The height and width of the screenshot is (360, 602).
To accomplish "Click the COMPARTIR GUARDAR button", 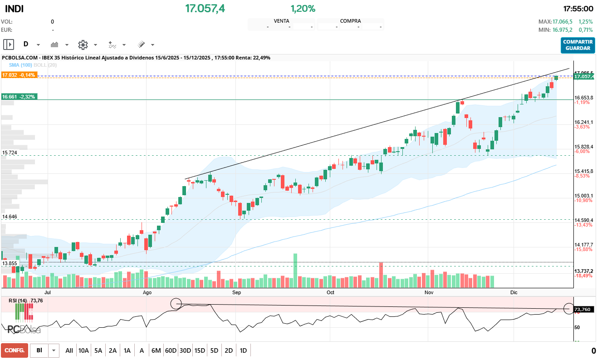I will [x=578, y=45].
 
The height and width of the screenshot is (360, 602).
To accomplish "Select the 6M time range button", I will [x=156, y=350].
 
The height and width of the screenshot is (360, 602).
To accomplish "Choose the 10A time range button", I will [x=83, y=350].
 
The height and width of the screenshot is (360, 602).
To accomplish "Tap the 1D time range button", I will [x=243, y=350].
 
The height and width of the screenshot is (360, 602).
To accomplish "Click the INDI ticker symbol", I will [x=15, y=9].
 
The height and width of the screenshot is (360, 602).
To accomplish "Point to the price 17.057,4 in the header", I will [x=205, y=9].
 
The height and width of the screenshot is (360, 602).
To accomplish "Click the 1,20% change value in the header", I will [x=303, y=9].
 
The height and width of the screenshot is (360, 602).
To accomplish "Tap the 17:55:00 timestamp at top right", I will [x=578, y=9].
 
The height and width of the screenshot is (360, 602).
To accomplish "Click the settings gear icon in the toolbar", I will [x=83, y=44].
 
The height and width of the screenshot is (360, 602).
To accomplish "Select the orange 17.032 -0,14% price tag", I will [x=19, y=75].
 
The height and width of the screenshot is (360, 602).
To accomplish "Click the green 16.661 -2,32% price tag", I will [x=19, y=97].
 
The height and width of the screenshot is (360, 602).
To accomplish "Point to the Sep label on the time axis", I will [x=236, y=293].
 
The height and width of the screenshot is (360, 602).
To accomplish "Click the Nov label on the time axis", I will [x=429, y=293].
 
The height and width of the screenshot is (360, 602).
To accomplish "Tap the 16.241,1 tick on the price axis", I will [x=583, y=122].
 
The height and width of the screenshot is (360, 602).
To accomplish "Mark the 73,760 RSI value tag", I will [x=583, y=309].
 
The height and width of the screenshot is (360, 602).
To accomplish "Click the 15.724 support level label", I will [x=10, y=153].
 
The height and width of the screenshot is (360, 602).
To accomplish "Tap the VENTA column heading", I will [x=281, y=21].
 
